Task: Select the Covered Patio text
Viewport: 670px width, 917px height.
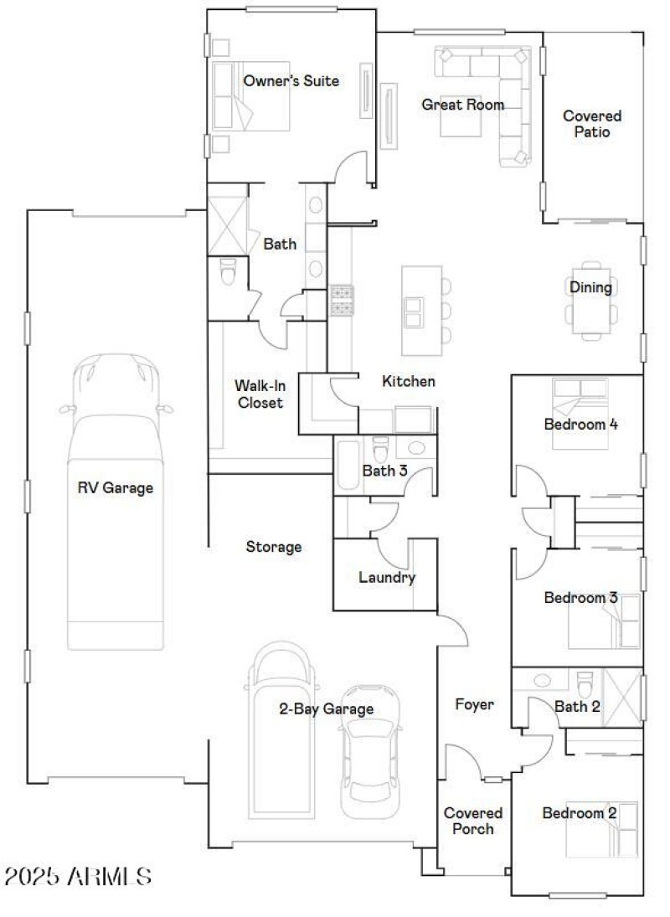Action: click(591, 124)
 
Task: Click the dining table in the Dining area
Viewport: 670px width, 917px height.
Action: click(590, 303)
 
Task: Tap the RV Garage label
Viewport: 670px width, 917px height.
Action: click(116, 487)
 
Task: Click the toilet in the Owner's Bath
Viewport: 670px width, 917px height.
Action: click(228, 271)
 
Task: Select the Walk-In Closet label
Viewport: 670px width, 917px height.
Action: click(259, 394)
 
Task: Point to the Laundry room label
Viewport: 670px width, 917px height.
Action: click(386, 577)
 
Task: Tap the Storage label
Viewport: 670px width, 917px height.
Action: click(273, 547)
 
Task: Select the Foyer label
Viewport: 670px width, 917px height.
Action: click(474, 704)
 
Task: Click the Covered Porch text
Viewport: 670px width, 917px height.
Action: click(473, 821)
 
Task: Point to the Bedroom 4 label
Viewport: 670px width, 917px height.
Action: click(580, 424)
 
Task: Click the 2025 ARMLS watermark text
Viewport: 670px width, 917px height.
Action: click(77, 877)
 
